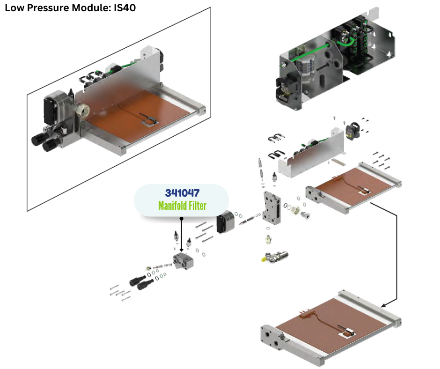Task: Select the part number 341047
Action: point(182,193)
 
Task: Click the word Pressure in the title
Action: point(44,7)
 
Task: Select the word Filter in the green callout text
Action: point(197,205)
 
